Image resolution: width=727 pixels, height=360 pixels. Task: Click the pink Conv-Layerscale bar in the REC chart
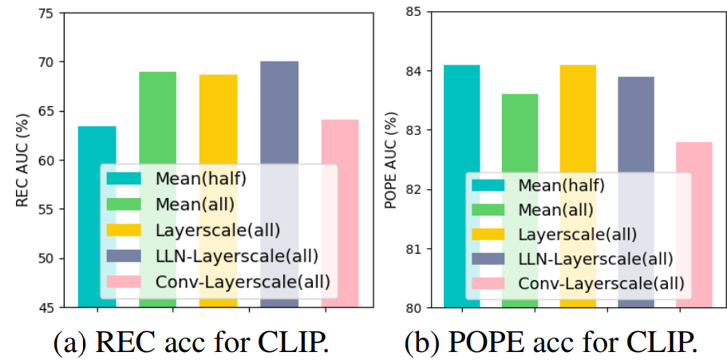click(x=339, y=140)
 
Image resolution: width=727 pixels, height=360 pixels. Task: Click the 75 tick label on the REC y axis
click(x=48, y=13)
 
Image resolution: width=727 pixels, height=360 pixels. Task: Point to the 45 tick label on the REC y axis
click(x=48, y=307)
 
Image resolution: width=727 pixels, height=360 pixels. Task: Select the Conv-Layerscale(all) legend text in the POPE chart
click(x=601, y=283)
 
